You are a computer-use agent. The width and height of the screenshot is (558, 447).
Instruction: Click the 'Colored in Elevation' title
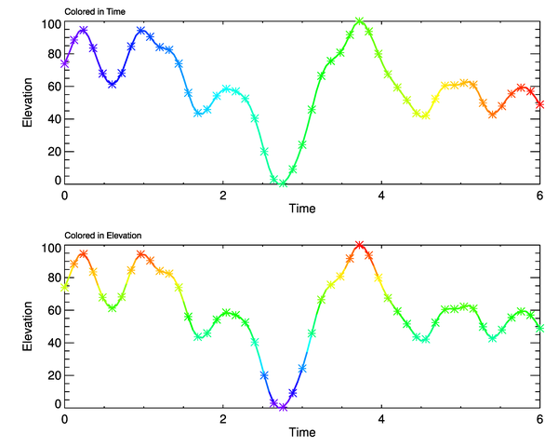tap(102, 234)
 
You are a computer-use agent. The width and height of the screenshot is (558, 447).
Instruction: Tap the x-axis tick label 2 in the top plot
tap(223, 196)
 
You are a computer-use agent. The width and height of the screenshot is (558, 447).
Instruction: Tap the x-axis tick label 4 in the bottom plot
tap(382, 419)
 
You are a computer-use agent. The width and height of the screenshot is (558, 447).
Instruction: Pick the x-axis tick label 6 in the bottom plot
tap(540, 419)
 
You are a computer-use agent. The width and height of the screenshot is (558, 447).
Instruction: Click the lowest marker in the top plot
tap(283, 183)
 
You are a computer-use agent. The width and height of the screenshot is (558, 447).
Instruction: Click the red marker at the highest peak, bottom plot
tap(360, 245)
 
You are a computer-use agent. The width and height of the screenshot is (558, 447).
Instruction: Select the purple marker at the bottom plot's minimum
tap(283, 407)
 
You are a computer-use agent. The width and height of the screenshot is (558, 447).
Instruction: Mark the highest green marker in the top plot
tap(360, 21)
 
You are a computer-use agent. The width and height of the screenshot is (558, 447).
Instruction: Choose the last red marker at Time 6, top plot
tap(540, 104)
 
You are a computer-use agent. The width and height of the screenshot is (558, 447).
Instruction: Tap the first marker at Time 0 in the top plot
tap(65, 63)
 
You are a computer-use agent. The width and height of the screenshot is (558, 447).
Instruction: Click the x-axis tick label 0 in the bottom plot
tap(64, 419)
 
